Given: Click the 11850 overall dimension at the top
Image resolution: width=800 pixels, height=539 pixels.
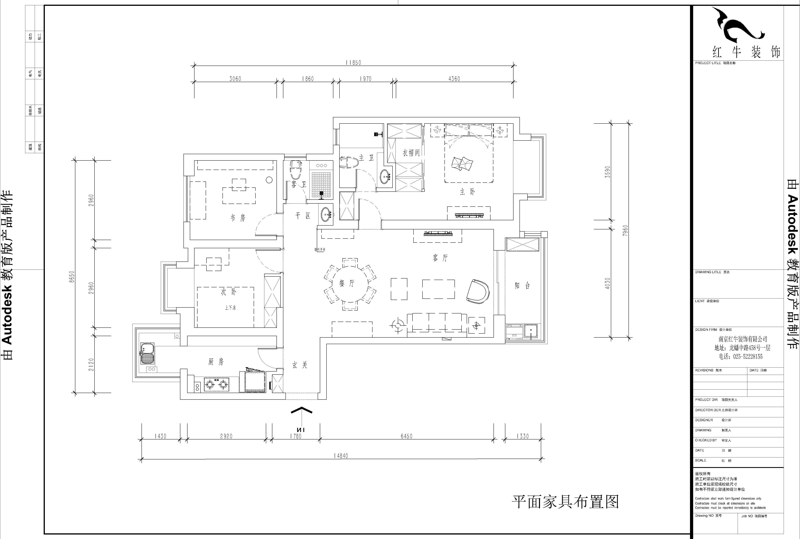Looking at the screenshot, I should click(353, 63).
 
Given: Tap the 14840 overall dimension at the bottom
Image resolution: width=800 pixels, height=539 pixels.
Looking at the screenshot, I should click(341, 456).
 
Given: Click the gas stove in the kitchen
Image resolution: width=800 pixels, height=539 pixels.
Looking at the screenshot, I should click(217, 384).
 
